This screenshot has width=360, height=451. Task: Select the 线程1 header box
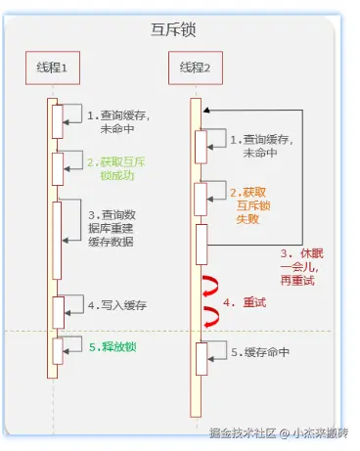pos(52,67)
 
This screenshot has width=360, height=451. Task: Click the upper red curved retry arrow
pos(208,287)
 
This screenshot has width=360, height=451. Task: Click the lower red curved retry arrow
pos(208,316)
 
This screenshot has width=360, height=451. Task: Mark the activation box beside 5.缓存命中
pos(201,358)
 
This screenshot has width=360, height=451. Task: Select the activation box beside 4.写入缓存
pos(58,309)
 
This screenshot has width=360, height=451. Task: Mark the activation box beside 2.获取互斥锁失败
pos(201,200)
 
